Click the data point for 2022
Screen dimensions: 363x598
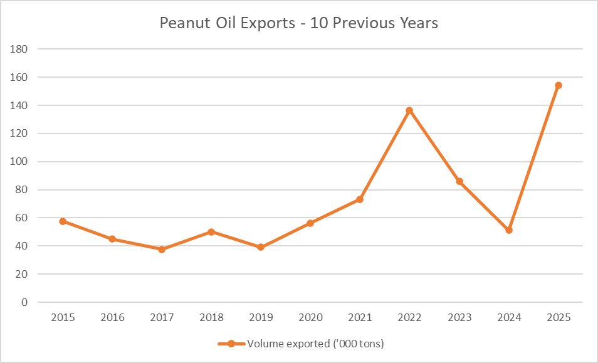coord(410,111)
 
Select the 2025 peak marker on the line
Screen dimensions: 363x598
coord(559,85)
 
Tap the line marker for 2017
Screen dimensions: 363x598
coord(162,250)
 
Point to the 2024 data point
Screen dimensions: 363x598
coord(509,230)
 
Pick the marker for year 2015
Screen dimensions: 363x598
coord(63,221)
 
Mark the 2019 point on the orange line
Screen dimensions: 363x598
coord(261,247)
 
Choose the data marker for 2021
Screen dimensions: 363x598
coord(360,199)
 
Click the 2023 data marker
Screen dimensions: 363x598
coord(459,181)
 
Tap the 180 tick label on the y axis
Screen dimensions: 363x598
coord(19,49)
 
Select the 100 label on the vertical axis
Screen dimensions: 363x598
coord(19,162)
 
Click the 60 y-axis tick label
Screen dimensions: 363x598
coord(22,218)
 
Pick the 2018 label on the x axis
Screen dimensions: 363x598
coord(211,317)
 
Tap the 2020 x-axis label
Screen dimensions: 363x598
coord(310,317)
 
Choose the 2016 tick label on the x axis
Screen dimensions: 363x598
coord(112,317)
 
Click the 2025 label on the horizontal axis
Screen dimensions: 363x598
coord(559,317)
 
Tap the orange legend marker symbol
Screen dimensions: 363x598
coord(231,344)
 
